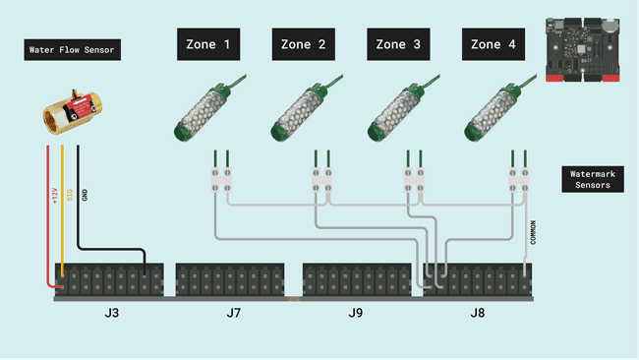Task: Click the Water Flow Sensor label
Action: (72, 50)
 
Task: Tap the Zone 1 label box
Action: (208, 44)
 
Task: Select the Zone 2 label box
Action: (304, 44)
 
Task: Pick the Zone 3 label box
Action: (399, 44)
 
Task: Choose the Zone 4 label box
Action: (494, 44)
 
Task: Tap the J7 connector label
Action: (233, 314)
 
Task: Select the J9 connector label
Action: (356, 314)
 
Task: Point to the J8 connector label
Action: (478, 314)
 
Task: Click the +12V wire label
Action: (55, 196)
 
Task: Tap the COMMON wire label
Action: (534, 232)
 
